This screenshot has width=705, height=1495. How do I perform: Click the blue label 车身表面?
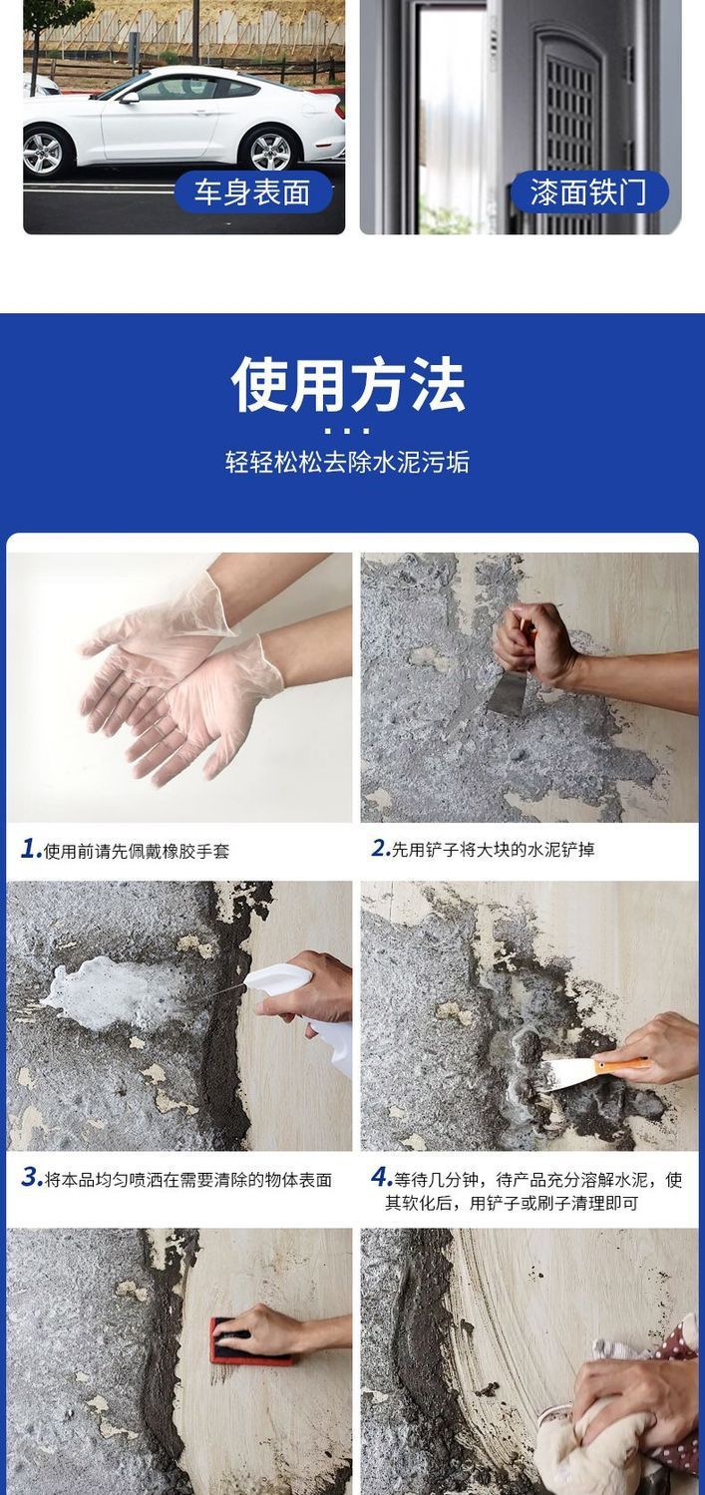click(253, 192)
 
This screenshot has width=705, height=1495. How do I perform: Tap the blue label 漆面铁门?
click(589, 192)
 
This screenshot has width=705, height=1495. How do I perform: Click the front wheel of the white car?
click(45, 152)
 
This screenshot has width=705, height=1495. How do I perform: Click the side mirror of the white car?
click(129, 98)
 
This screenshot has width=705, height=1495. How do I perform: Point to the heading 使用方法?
click(348, 384)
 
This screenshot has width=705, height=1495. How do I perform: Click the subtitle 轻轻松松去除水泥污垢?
click(347, 462)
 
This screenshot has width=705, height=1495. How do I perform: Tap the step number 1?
click(30, 849)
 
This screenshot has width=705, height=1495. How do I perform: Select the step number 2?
click(380, 849)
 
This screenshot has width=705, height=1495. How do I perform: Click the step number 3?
click(31, 1177)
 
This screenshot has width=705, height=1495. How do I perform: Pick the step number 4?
click(380, 1177)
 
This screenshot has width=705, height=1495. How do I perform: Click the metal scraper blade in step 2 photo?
click(509, 693)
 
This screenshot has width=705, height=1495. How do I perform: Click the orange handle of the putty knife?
click(622, 1064)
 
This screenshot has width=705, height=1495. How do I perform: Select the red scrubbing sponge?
click(248, 1341)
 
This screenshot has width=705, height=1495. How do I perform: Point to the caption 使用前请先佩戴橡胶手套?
click(137, 851)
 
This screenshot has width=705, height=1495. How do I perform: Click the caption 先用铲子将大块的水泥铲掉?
click(493, 850)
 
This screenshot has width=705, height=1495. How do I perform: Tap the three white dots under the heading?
click(347, 431)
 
